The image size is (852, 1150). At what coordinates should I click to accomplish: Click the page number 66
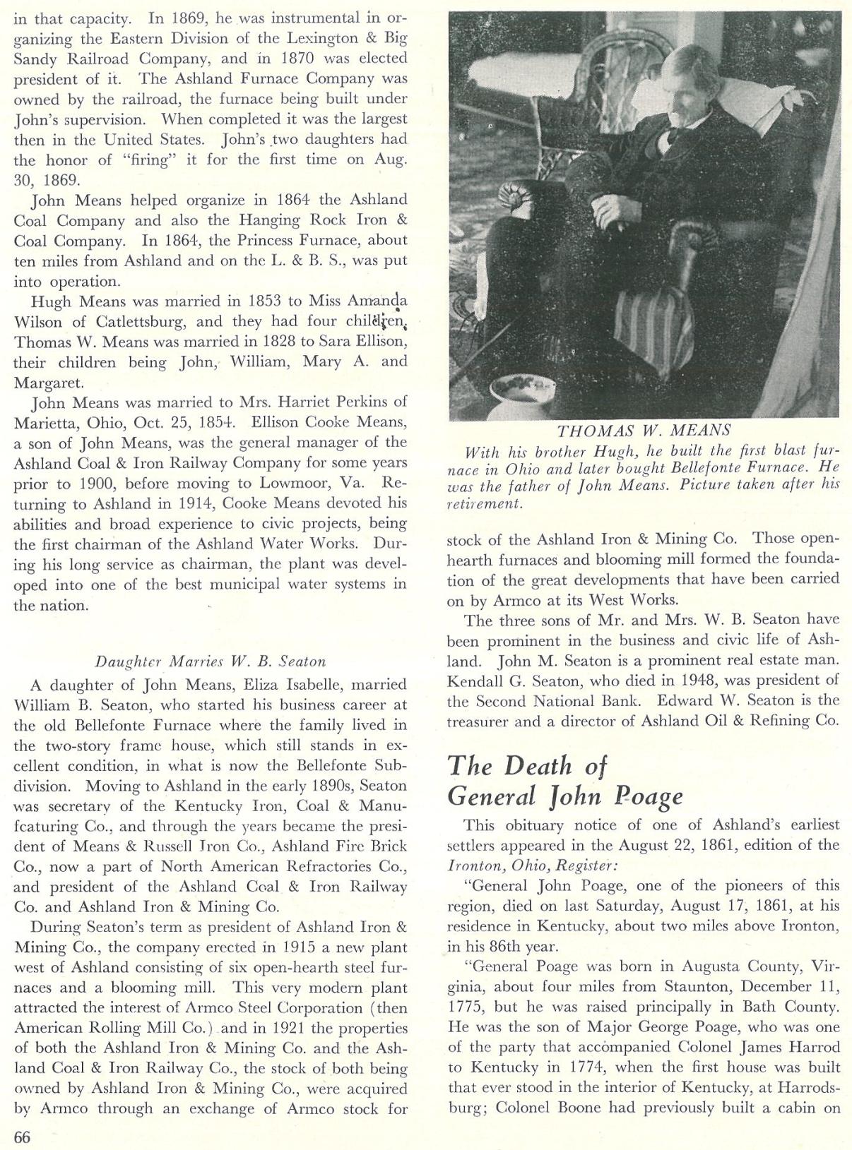click(22, 1136)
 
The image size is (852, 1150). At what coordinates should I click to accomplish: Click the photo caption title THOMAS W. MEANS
click(644, 431)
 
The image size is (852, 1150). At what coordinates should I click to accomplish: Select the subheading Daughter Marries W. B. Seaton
click(211, 661)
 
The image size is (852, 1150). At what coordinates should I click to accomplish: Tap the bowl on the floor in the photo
click(523, 387)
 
